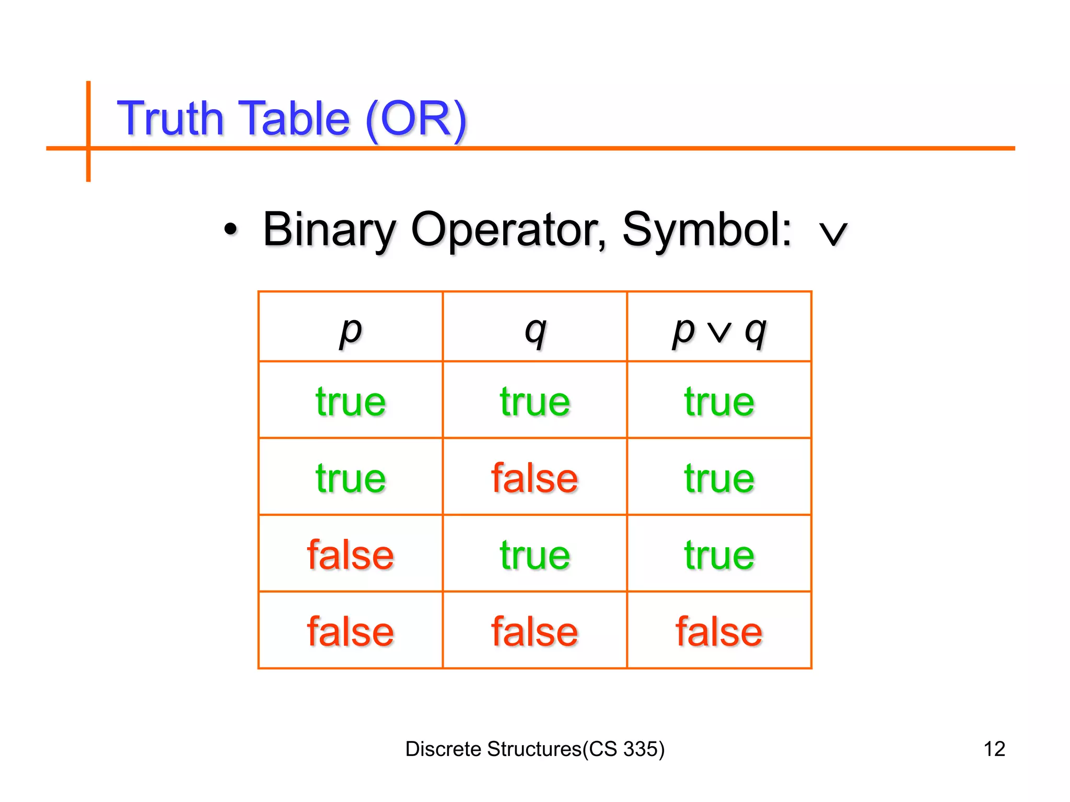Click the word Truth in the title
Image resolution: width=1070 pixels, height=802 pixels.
[170, 119]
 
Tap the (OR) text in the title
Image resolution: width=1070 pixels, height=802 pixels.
[416, 120]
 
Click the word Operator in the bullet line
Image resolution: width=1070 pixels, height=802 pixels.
[509, 231]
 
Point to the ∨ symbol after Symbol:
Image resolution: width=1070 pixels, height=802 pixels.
[833, 233]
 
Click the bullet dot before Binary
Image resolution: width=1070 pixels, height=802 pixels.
[230, 229]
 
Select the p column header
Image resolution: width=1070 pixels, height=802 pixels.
[351, 331]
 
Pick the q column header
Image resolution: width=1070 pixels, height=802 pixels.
[535, 331]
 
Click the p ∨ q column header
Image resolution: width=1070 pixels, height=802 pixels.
[719, 331]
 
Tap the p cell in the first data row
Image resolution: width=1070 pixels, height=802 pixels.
[351, 402]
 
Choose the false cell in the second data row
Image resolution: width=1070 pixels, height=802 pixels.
[534, 478]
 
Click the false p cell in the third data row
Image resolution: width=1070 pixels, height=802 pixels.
[351, 555]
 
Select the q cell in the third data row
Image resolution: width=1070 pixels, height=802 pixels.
[534, 555]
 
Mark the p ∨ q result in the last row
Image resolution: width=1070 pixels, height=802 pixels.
[719, 632]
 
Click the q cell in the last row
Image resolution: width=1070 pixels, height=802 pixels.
[534, 632]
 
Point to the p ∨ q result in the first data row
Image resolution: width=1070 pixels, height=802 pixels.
[719, 402]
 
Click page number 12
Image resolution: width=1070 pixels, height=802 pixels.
[994, 749]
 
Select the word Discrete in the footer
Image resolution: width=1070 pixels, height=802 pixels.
[443, 749]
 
